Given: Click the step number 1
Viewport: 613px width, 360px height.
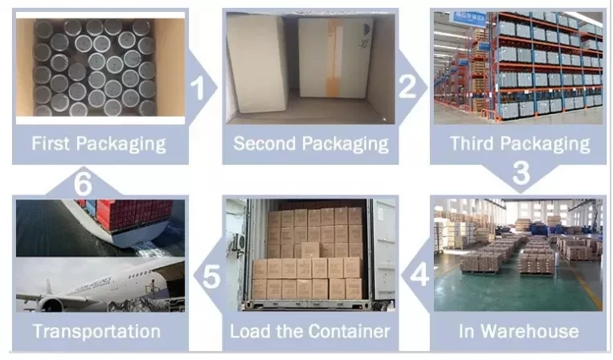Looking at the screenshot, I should [201, 86].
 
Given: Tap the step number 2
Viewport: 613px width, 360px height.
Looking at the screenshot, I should [408, 85].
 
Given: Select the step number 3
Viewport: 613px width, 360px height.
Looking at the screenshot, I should [521, 173].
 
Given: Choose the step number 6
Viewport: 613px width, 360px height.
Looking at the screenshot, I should [82, 184].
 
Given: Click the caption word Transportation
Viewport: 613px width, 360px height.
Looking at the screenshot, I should [96, 331].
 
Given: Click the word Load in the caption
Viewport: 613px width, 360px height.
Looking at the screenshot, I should [247, 331].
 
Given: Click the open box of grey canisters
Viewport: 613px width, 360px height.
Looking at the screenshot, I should [96, 68].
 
